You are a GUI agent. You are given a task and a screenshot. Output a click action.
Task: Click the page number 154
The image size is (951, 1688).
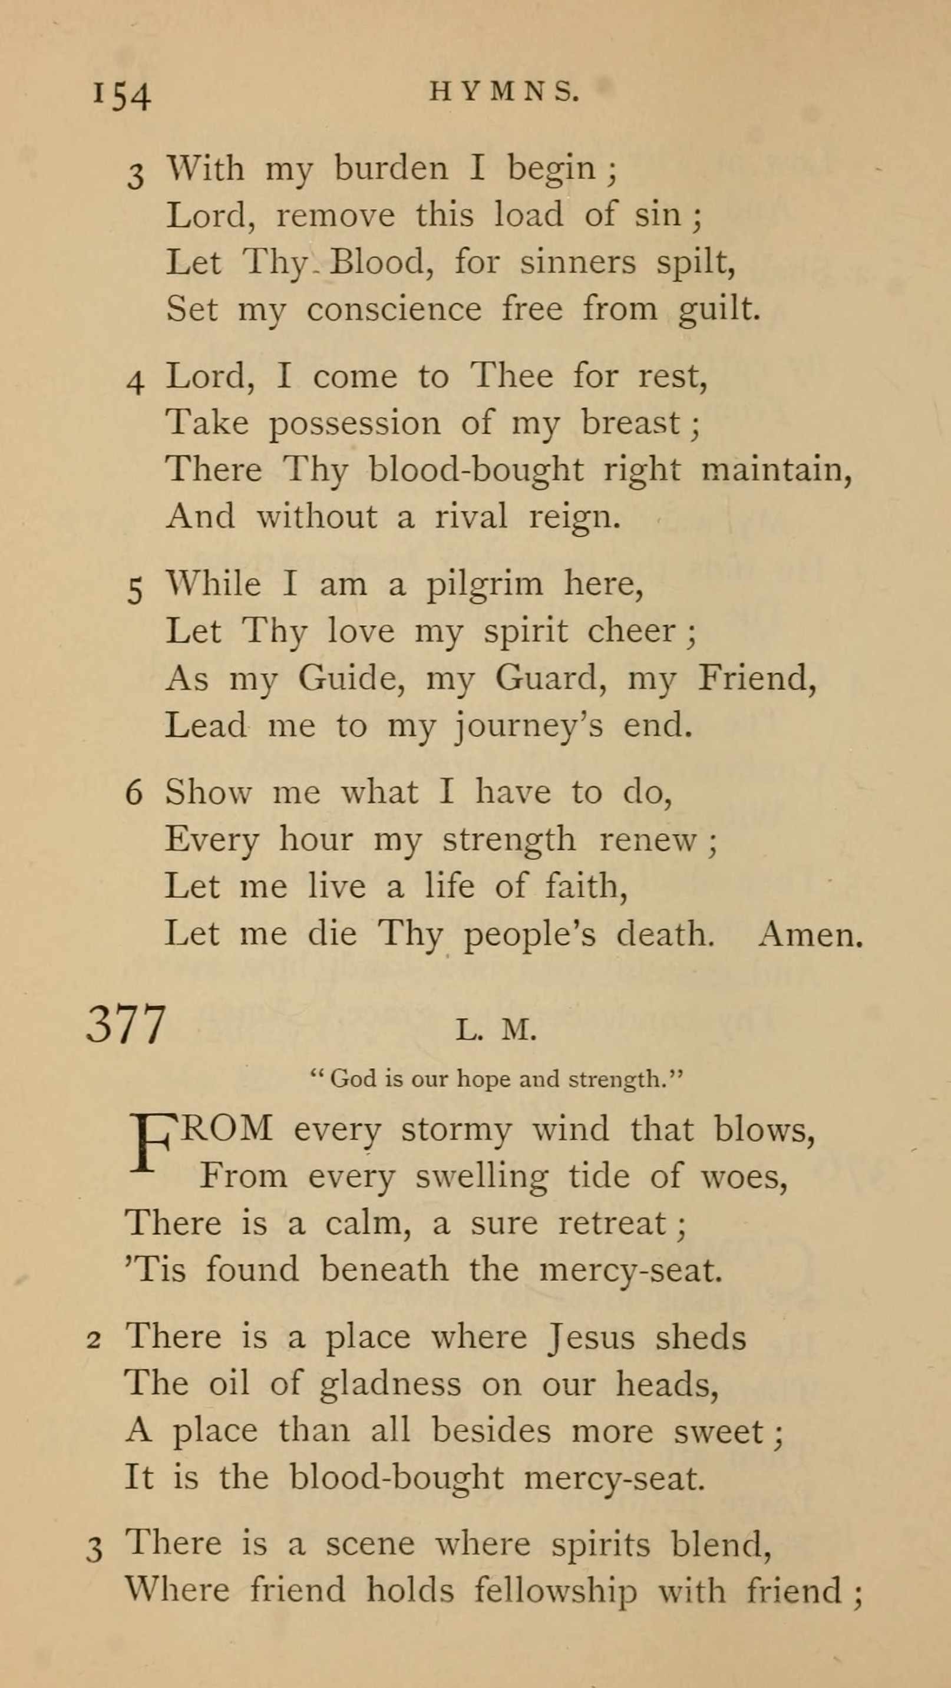122,95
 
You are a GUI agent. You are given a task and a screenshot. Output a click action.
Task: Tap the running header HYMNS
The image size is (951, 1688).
504,93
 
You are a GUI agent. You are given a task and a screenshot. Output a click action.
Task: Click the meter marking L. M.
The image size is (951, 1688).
496,1030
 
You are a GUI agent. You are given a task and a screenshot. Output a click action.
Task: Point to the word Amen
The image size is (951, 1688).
811,934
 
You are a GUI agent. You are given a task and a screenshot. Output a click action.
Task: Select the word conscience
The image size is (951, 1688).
394,309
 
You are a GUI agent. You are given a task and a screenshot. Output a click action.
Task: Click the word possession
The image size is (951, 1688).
355,423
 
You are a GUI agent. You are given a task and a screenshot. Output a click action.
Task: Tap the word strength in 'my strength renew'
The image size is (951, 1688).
509,840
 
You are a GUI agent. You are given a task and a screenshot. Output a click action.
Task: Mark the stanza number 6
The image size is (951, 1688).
134,793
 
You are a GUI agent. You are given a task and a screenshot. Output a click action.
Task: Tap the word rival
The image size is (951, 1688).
471,516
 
